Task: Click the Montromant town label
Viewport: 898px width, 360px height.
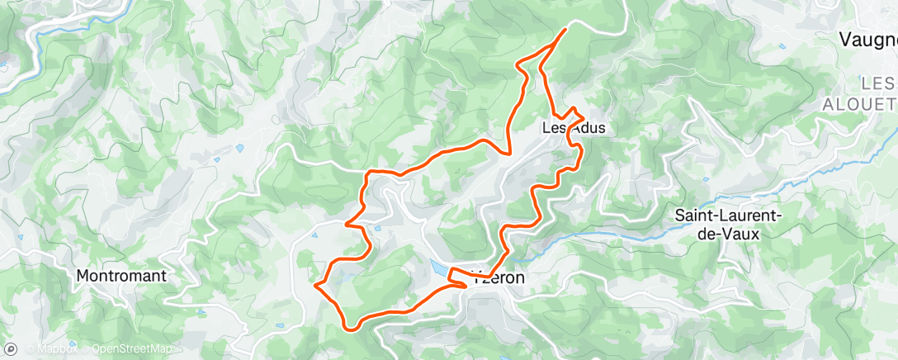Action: point(121,277)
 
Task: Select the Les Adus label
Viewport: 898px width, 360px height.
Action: point(574,128)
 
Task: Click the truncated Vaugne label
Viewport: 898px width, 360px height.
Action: point(867,39)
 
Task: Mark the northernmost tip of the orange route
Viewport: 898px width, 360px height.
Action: point(565,30)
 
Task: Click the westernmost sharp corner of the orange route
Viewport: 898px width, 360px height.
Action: point(316,285)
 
